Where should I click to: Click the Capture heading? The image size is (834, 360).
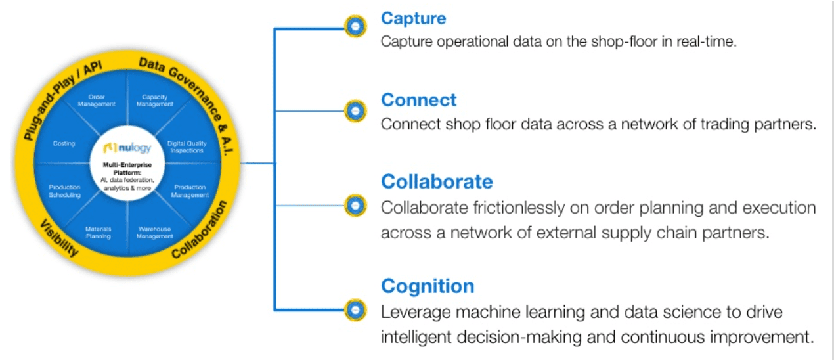pyautogui.click(x=413, y=18)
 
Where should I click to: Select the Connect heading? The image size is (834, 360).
pyautogui.click(x=418, y=100)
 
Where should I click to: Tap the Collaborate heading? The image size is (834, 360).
pyautogui.click(x=437, y=182)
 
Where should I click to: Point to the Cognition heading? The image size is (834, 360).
pyautogui.click(x=428, y=286)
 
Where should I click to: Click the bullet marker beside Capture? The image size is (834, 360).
pyautogui.click(x=355, y=26)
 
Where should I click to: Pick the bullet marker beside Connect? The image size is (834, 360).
pyautogui.click(x=355, y=111)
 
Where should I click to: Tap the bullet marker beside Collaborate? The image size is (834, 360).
pyautogui.click(x=355, y=206)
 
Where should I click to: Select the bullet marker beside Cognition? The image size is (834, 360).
pyautogui.click(x=355, y=310)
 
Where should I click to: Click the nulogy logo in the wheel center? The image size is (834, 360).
pyautogui.click(x=127, y=148)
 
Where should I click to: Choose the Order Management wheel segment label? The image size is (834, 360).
pyautogui.click(x=97, y=101)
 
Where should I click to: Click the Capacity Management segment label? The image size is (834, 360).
pyautogui.click(x=154, y=101)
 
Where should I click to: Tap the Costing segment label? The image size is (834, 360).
pyautogui.click(x=64, y=143)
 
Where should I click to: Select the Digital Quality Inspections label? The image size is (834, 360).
pyautogui.click(x=187, y=146)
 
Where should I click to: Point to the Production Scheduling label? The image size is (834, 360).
pyautogui.click(x=64, y=191)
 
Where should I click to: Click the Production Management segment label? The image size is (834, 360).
pyautogui.click(x=190, y=191)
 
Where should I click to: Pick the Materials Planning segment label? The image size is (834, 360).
pyautogui.click(x=98, y=233)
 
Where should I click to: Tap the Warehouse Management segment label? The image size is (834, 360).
pyautogui.click(x=154, y=233)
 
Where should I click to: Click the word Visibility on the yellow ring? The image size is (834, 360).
pyautogui.click(x=60, y=238)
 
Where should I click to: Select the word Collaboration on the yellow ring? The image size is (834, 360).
pyautogui.click(x=200, y=229)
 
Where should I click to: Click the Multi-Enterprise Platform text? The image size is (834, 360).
pyautogui.click(x=127, y=169)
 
